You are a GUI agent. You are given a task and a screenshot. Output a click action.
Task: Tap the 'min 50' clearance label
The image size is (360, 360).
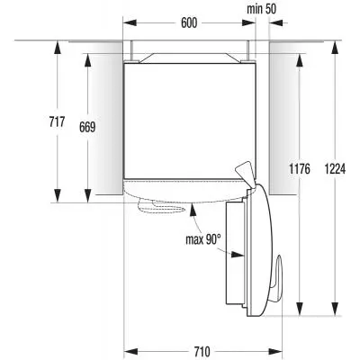tap(261, 9)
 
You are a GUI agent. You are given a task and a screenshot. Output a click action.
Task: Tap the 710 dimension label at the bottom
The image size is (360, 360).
tap(202, 351)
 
